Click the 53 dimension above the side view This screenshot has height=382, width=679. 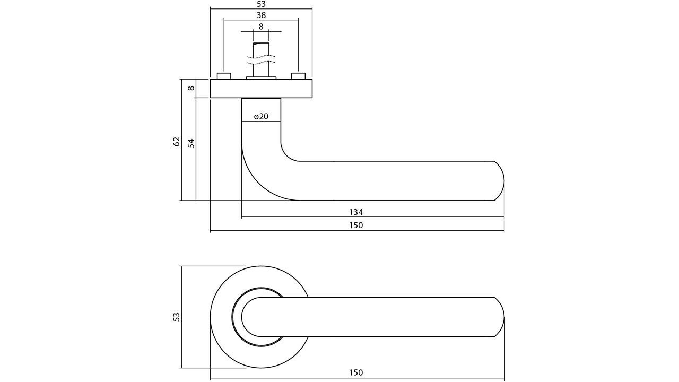261,4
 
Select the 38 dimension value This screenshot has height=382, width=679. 261,15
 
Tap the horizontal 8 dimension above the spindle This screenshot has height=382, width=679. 261,27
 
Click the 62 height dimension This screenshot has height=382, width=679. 177,142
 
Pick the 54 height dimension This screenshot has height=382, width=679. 191,143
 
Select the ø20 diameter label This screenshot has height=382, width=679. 261,117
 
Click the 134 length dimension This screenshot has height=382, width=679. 356,212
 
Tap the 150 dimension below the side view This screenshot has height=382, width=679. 356,225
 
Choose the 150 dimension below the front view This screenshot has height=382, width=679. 356,373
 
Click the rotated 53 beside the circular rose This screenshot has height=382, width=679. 177,317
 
